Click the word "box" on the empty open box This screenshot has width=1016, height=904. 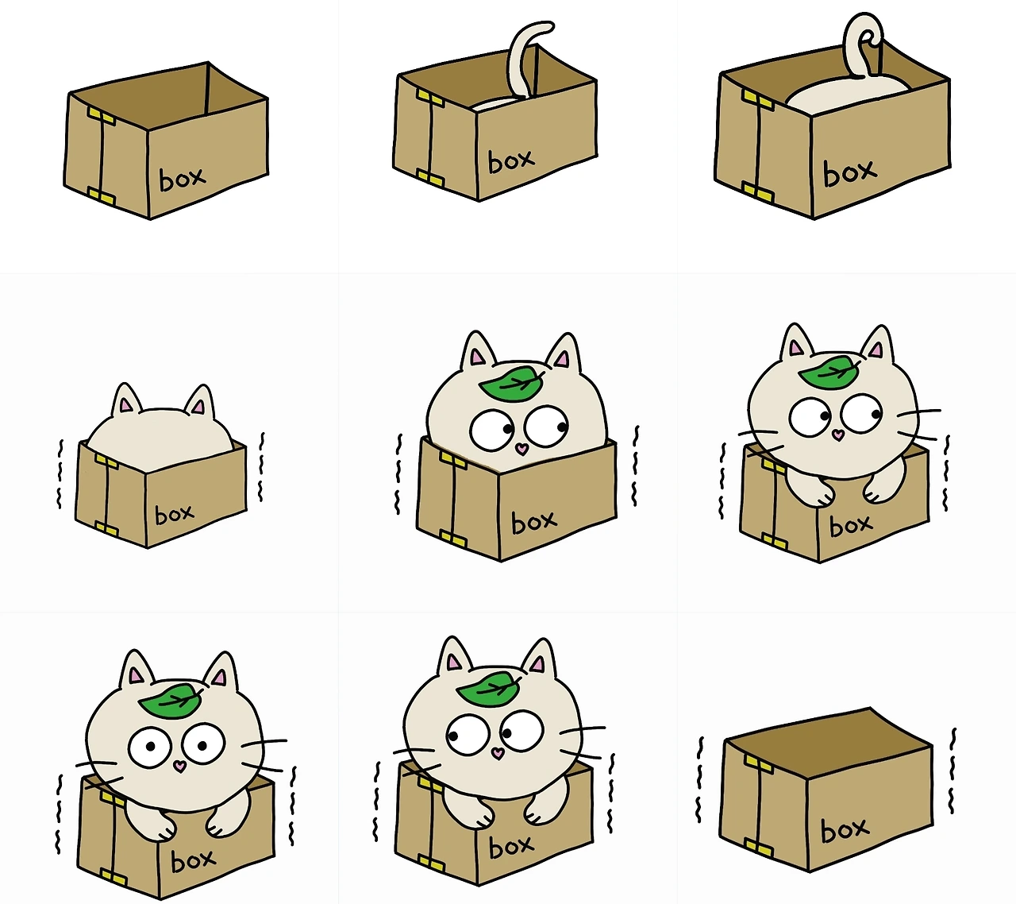pyautogui.click(x=182, y=179)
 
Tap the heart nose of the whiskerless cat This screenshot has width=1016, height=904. pyautogui.click(x=522, y=448)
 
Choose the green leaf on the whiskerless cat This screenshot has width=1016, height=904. pyautogui.click(x=512, y=382)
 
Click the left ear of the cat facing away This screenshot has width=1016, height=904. pyautogui.click(x=125, y=400)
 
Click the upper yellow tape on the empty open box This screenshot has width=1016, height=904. pyautogui.click(x=102, y=117)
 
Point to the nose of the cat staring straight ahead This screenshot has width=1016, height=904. pyautogui.click(x=179, y=767)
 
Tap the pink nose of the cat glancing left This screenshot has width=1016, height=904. pyautogui.click(x=498, y=753)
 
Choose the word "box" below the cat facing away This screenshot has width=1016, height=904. pyautogui.click(x=174, y=515)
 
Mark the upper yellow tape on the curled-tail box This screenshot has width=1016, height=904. pyautogui.click(x=758, y=99)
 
